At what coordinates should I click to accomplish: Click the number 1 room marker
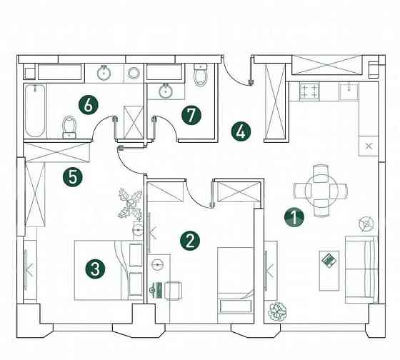tap(294, 217)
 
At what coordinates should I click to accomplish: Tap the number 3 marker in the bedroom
tap(95, 269)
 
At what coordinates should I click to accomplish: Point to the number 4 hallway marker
tap(241, 131)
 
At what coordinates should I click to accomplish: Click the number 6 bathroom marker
tap(89, 105)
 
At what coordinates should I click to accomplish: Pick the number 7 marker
tap(191, 116)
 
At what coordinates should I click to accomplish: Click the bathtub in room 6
tap(35, 111)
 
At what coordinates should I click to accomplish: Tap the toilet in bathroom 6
tap(69, 126)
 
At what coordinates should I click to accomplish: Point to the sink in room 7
tap(166, 91)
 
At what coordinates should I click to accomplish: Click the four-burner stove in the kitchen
tap(309, 91)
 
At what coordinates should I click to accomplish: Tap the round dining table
tap(321, 191)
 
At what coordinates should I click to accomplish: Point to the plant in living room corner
tap(276, 311)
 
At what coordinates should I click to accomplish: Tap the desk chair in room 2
tap(172, 290)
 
